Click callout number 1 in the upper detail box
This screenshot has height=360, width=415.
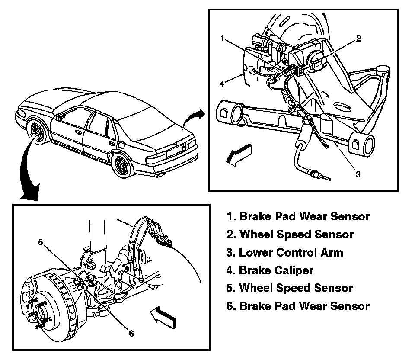[223, 39]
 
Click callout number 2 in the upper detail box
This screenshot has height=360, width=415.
[359, 39]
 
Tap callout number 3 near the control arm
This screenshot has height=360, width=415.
[358, 174]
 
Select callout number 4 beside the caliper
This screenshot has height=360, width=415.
[222, 84]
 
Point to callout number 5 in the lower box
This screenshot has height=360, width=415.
[40, 242]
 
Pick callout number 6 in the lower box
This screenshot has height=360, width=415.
[131, 333]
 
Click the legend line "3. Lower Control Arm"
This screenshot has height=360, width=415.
[285, 252]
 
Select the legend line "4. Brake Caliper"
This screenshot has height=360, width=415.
[270, 270]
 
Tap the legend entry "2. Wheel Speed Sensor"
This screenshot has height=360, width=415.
[290, 235]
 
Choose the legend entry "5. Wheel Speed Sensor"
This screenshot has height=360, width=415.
[290, 288]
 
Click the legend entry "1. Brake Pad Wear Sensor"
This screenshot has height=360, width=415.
[298, 216]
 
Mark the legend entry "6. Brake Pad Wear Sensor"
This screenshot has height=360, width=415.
[298, 306]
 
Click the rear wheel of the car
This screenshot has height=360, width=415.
[122, 164]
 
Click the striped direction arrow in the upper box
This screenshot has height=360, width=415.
[239, 155]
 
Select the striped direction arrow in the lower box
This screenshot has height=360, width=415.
[163, 317]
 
